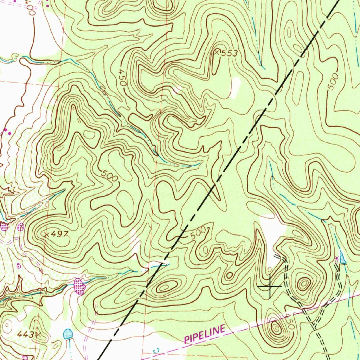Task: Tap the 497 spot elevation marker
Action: point(46,234)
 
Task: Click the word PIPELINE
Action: point(205,334)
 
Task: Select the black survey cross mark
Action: point(270,287)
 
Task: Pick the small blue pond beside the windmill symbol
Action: point(343,260)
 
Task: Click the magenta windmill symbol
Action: point(337,260)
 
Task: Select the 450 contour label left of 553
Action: point(121,78)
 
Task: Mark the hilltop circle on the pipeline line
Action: point(276,329)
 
